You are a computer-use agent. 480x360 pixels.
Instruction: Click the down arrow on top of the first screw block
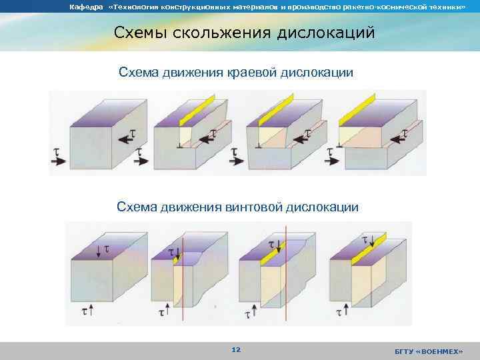click(x=99, y=251)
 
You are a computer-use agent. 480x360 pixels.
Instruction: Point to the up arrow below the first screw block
click(x=89, y=310)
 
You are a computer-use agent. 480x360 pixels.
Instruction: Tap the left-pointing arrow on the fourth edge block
click(x=400, y=137)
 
